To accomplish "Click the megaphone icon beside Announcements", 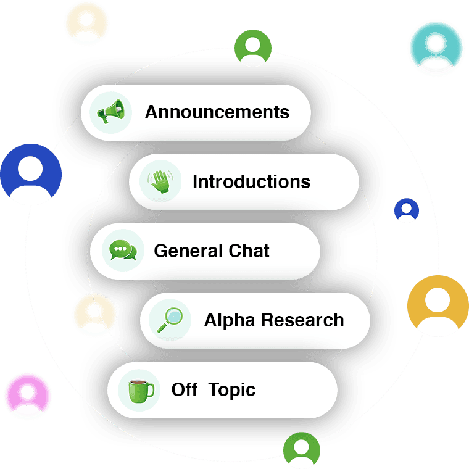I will click(x=111, y=112).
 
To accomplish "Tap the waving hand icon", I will click(x=160, y=181).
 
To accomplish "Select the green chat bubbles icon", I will click(x=122, y=251).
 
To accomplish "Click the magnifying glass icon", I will click(x=169, y=320).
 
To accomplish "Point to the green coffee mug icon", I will click(x=141, y=390).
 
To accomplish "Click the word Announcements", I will click(x=217, y=112).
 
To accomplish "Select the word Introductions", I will click(x=251, y=182).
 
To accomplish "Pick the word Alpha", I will click(x=229, y=320).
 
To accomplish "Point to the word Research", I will click(x=302, y=320).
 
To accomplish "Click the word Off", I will click(x=185, y=390).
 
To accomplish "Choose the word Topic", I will click(x=232, y=390).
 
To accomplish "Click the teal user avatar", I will click(x=437, y=48).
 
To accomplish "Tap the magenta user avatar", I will click(x=28, y=396).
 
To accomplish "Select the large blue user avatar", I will click(x=31, y=175).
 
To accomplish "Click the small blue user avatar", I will click(x=407, y=210).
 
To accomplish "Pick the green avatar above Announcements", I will click(x=252, y=48).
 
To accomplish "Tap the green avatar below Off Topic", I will click(x=302, y=450).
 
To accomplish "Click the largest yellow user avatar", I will click(x=438, y=305).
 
